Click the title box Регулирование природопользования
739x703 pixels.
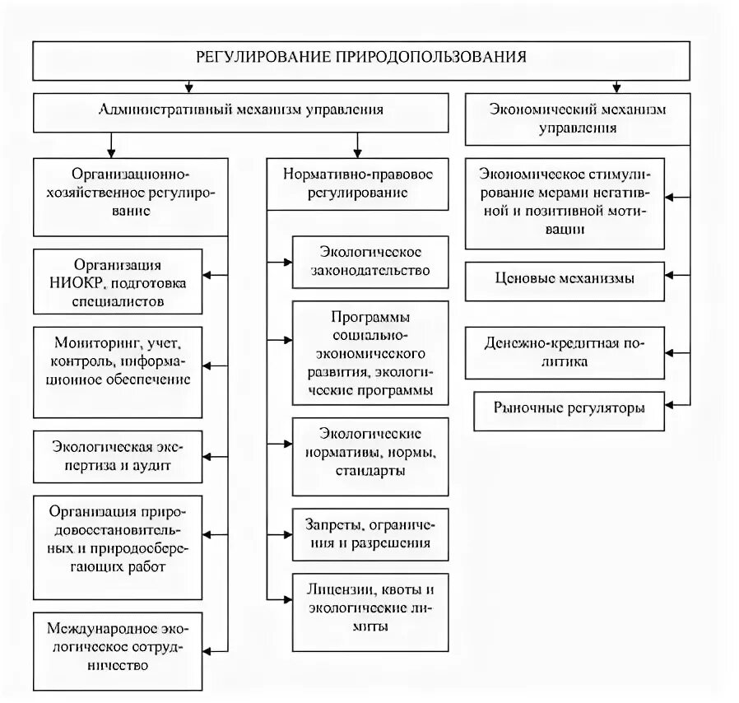(361, 58)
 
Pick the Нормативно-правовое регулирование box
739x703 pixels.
(357, 183)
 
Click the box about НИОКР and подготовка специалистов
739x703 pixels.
(119, 282)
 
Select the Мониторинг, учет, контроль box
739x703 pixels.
(119, 360)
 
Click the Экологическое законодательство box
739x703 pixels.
(369, 260)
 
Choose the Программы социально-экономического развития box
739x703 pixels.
(369, 352)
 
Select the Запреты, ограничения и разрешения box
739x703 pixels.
(369, 534)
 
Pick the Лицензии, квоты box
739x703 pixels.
(369, 608)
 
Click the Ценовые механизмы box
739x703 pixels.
(565, 279)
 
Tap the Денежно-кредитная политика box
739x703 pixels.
(565, 351)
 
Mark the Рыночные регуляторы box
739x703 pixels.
(569, 409)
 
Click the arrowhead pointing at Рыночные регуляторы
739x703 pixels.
(671, 405)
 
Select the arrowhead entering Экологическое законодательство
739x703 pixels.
(287, 261)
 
